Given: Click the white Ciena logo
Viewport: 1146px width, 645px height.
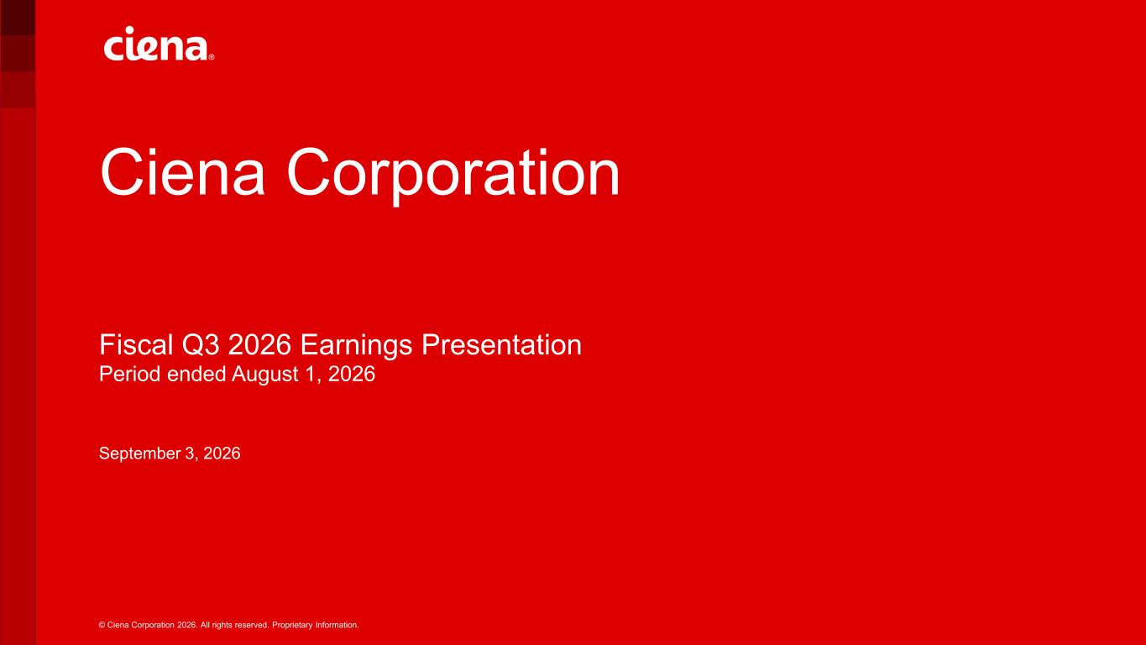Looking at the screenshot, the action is coord(160,44).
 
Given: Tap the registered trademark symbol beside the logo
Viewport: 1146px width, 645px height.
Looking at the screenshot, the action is coord(212,57).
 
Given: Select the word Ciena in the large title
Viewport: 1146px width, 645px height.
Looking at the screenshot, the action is coord(183,171).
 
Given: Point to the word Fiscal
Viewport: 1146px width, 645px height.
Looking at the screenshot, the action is coord(136,344).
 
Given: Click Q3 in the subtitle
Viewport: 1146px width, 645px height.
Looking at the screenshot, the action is coord(201,345).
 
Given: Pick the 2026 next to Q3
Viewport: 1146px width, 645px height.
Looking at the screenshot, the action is coord(259,344).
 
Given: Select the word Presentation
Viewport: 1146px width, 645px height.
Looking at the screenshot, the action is coord(501,344).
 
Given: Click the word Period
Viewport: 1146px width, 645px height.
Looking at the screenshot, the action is coord(130,375).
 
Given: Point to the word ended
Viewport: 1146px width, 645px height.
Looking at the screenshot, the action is coord(196,375).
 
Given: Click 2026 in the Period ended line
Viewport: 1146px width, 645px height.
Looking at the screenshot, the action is coord(352,375).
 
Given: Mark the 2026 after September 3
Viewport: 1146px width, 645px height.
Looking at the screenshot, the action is coord(222,453).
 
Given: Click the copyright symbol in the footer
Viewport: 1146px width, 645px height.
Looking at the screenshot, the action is coord(102,625).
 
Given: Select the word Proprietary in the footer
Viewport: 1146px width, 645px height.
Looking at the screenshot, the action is coord(292,626).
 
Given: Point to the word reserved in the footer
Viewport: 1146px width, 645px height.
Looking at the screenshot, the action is coord(252,625).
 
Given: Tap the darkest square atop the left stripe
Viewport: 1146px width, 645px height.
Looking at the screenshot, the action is coord(18,18).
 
